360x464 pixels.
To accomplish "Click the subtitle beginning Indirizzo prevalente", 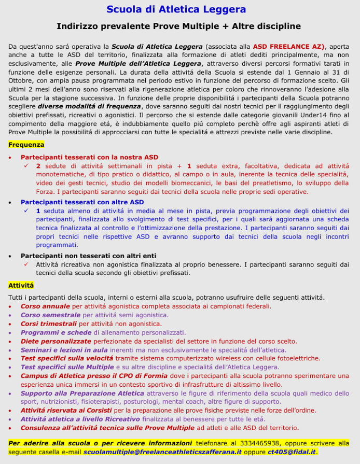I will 179,26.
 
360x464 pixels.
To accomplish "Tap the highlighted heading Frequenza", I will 26,145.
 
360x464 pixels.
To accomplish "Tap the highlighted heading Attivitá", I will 21,285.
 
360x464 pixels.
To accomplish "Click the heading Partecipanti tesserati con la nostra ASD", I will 89,157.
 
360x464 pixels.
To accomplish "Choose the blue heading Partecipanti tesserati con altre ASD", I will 82,202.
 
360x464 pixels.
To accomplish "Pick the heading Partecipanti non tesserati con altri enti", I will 88,256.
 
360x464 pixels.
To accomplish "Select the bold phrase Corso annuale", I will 45,306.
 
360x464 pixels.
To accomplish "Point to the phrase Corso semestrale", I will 50,315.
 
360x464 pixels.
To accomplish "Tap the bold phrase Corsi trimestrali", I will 49,324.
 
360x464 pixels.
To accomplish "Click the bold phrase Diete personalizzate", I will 56,341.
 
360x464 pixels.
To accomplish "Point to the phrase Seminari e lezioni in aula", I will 64,350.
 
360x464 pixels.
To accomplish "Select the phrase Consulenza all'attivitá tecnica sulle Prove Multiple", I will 107,428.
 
